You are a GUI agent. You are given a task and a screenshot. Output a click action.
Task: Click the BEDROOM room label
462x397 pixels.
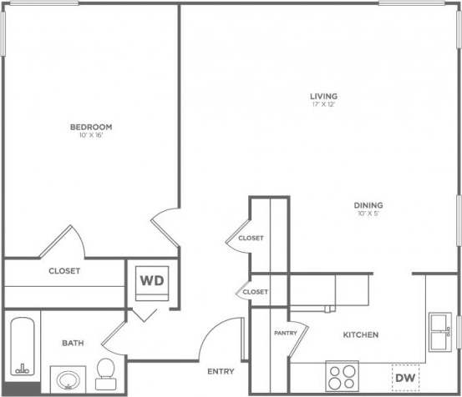pos(91,127)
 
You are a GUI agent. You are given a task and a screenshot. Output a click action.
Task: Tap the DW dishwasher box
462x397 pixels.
pos(405,379)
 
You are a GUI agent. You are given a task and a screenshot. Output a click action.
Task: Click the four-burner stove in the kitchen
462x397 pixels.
pos(341,375)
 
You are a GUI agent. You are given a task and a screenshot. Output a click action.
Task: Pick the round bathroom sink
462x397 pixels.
pos(66,380)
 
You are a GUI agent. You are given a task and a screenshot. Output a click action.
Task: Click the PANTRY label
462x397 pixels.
pos(286,333)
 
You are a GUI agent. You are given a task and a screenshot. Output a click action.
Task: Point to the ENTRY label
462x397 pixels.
pos(221,371)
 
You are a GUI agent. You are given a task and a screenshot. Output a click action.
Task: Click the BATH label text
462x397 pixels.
pos(71,343)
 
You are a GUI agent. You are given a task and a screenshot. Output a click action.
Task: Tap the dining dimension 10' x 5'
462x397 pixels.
pos(368,214)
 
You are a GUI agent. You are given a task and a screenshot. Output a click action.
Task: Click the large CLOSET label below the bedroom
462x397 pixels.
pos(64,271)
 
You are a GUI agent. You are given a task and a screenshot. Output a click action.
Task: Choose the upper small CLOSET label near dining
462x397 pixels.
pos(251,238)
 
